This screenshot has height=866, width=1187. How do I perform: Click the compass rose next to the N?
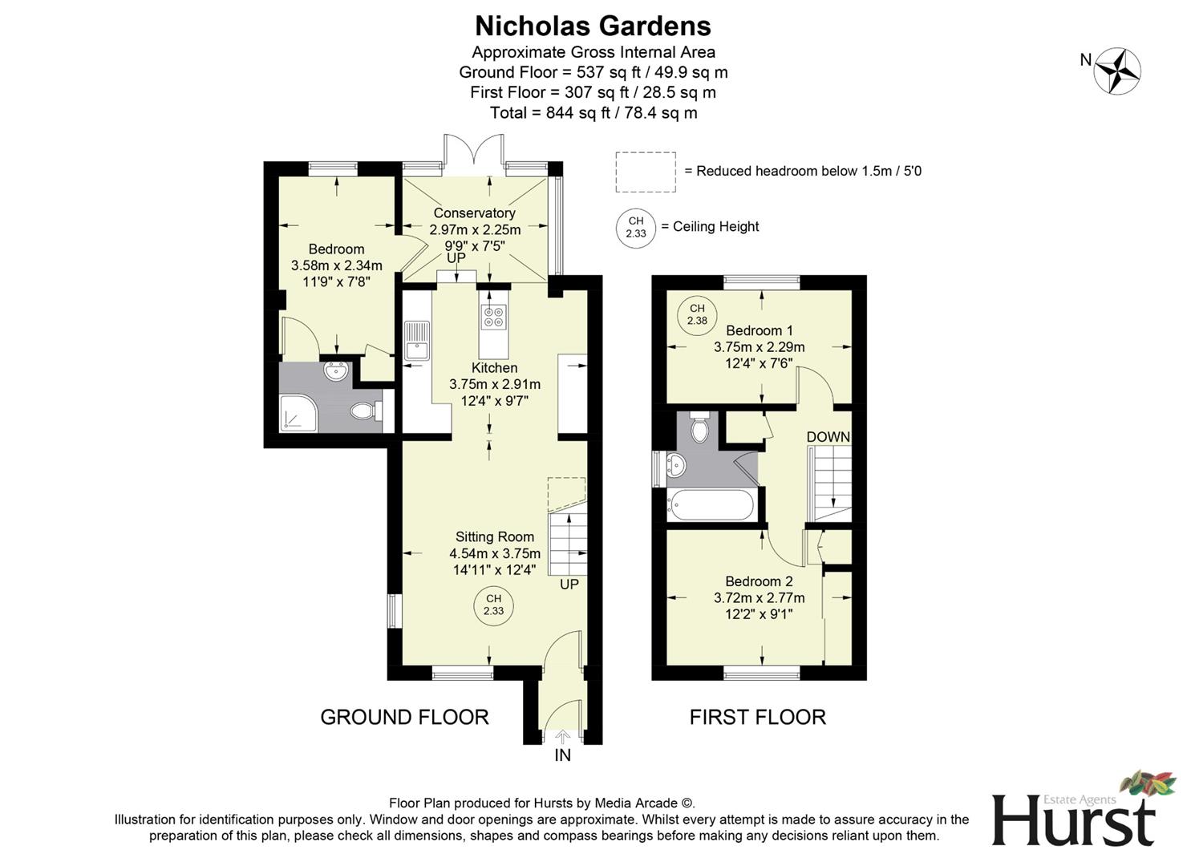point(1118,71)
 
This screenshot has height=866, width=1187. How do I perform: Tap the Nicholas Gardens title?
point(593,26)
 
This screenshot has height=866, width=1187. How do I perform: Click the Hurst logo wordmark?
point(1074,819)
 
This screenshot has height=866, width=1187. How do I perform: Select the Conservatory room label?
point(474,213)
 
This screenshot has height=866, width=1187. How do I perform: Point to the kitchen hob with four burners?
point(493,318)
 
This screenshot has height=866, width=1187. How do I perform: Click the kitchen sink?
point(417,340)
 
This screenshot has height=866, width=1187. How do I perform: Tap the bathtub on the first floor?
point(711,505)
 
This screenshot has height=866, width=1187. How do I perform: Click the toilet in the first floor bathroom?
point(699,428)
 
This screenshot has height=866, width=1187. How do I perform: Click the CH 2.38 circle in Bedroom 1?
point(697,314)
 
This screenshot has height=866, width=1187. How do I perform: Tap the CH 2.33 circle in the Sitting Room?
point(493,605)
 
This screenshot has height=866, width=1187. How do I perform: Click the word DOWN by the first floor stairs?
point(828,437)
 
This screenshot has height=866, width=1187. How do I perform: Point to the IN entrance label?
point(562,755)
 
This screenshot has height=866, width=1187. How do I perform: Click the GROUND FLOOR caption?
point(404,717)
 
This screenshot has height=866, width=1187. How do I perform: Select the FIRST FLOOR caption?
point(757,717)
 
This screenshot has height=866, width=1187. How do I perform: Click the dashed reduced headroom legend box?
point(646,172)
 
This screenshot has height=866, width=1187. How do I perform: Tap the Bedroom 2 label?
point(759,581)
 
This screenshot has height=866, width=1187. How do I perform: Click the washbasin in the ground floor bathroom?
point(336,371)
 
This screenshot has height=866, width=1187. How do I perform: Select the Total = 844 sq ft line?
point(593,113)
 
